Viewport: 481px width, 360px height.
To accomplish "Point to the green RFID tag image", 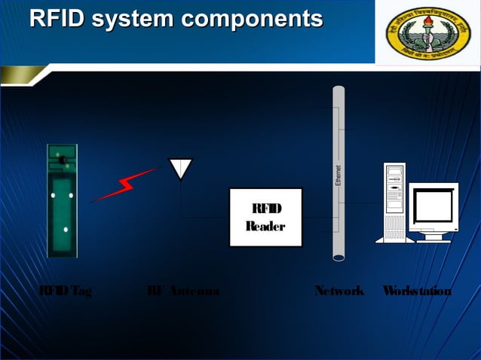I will pyautogui.click(x=62, y=200).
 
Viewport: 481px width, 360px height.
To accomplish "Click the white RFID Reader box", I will pyautogui.click(x=265, y=217).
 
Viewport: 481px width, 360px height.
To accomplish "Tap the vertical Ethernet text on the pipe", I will pyautogui.click(x=339, y=175).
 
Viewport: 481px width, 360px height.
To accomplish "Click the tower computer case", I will pyautogui.click(x=394, y=202).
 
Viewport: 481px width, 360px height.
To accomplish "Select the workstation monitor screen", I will pyautogui.click(x=433, y=204).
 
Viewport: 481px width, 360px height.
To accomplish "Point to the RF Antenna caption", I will pyautogui.click(x=183, y=291).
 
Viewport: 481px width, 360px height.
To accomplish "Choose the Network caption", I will pyautogui.click(x=339, y=291).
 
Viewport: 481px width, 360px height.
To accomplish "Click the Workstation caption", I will pyautogui.click(x=417, y=291).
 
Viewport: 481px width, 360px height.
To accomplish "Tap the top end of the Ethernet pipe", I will pyautogui.click(x=339, y=90).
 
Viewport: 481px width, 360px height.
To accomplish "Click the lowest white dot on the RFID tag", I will pyautogui.click(x=66, y=229).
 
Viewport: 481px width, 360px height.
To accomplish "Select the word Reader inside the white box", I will pyautogui.click(x=265, y=226).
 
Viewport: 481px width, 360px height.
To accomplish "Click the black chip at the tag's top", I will pyautogui.click(x=61, y=158).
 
